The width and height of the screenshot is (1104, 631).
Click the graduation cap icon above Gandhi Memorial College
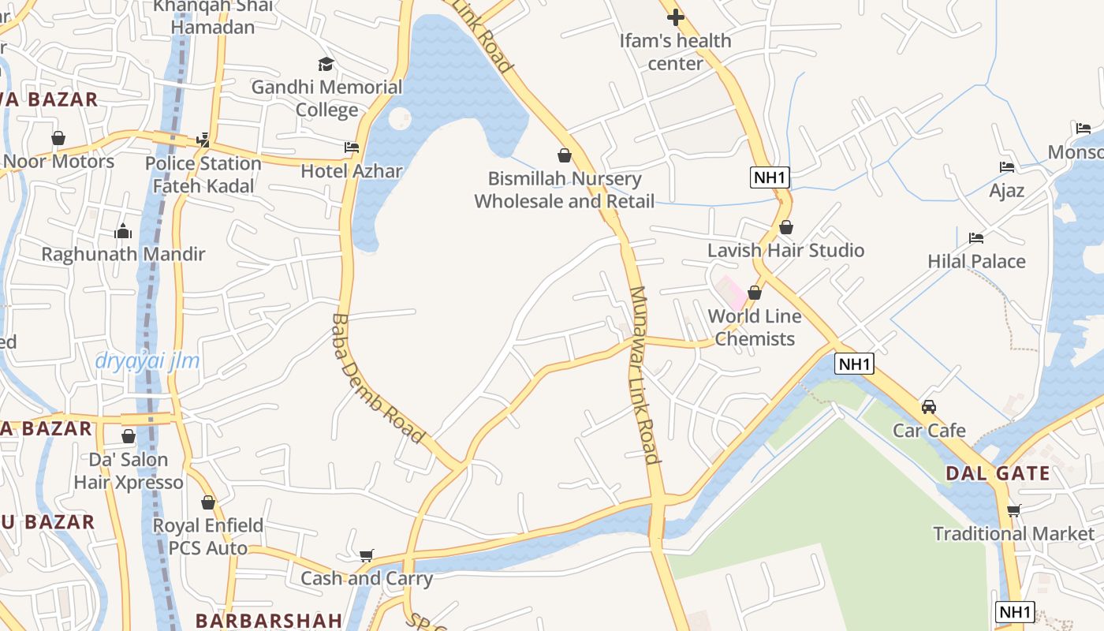tap(326, 64)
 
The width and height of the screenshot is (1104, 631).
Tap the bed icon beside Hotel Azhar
tap(352, 147)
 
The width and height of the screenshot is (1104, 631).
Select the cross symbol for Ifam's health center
tap(675, 17)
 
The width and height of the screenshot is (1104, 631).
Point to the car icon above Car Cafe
tap(929, 407)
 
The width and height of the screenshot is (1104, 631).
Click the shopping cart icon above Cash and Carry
tap(366, 556)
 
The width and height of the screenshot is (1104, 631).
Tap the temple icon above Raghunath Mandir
tap(123, 231)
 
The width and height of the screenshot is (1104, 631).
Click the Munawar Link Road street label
tap(643, 375)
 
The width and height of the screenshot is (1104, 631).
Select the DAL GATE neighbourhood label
tap(998, 474)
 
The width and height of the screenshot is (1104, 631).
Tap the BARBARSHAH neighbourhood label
tap(269, 621)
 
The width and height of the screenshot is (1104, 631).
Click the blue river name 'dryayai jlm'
tap(147, 361)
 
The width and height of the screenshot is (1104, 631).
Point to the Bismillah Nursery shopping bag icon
tap(564, 155)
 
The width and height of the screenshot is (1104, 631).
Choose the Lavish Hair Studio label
tap(785, 251)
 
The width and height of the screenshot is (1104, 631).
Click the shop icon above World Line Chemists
tap(755, 293)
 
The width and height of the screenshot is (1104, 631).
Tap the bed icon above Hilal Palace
tap(976, 238)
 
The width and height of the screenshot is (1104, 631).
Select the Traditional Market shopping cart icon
tap(1013, 510)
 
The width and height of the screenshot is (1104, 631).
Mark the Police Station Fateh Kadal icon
tap(203, 140)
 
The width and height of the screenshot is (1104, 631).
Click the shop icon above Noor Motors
tap(58, 138)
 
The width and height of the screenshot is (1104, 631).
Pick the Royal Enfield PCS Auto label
tap(207, 536)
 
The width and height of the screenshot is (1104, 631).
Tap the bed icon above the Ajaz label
tap(1007, 167)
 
